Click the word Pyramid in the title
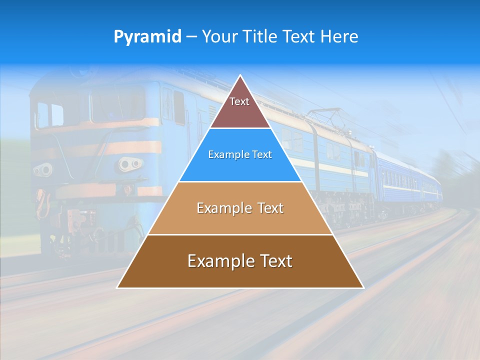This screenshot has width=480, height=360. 147,37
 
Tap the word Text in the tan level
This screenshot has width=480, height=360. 270,208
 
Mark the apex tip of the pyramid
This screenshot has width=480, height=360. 240,76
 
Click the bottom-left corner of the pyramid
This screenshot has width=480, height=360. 118,287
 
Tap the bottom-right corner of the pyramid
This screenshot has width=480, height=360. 363,287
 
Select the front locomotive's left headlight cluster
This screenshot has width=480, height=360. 42,170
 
